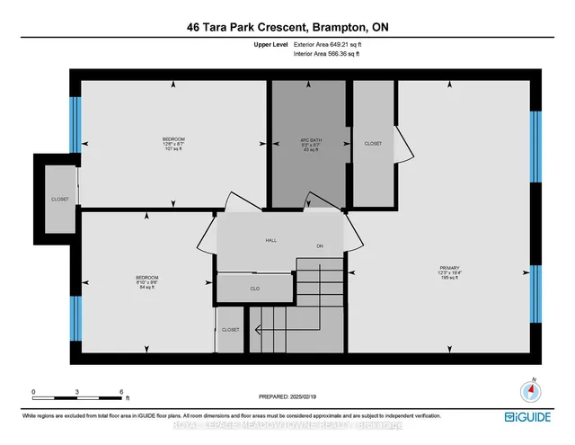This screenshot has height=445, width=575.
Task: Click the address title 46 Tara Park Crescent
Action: [287, 28]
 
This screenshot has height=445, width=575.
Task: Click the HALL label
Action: [270, 241]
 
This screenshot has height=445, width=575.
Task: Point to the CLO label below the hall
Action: [255, 289]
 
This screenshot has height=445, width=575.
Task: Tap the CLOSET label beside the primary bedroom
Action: [373, 144]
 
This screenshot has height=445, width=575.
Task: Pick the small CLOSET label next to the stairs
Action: [231, 330]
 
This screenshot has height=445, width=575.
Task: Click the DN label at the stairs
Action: [319, 246]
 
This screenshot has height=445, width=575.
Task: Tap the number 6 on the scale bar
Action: [120, 392]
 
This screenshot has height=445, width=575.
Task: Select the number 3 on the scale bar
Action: [77, 392]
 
